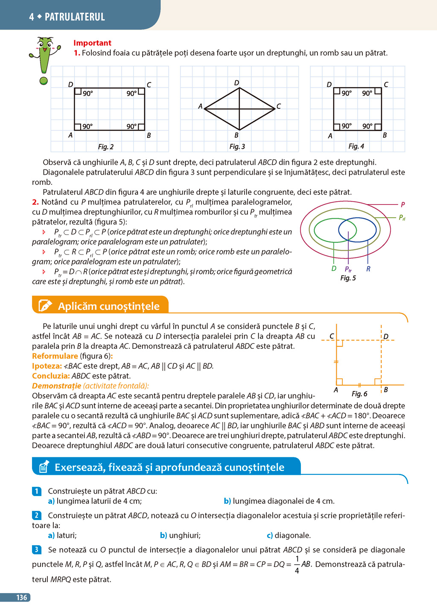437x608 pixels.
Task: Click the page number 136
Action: [21, 597]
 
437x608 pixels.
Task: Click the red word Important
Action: [92, 43]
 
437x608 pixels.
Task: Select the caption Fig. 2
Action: [106, 146]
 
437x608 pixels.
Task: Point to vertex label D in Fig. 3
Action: [237, 82]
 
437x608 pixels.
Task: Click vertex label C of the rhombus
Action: [279, 106]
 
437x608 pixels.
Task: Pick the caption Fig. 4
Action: [356, 146]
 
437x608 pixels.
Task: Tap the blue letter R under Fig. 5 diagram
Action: [368, 269]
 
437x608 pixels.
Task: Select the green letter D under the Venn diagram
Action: [334, 269]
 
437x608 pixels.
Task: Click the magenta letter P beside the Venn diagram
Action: [403, 205]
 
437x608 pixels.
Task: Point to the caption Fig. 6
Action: [359, 394]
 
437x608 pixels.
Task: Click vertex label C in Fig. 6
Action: [332, 336]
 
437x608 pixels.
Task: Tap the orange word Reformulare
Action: [55, 356]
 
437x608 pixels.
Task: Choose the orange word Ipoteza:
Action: [47, 366]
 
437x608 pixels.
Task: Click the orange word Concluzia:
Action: [51, 376]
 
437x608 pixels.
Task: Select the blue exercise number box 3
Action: [37, 550]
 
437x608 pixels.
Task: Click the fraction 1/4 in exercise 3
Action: [297, 564]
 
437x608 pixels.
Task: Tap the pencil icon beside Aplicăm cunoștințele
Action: [45, 306]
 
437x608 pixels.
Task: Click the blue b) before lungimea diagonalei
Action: [227, 501]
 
